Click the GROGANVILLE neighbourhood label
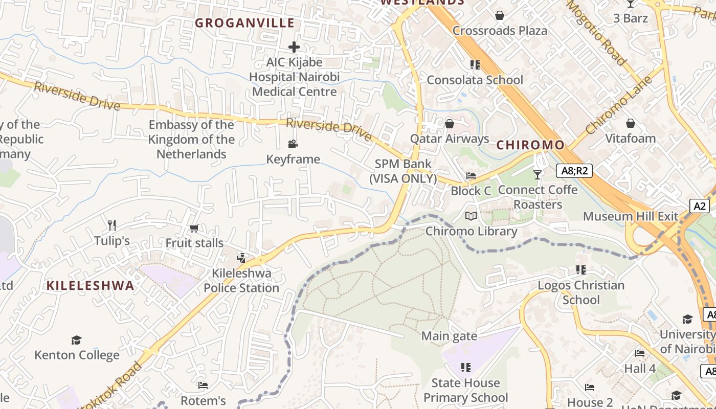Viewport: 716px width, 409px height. tap(245, 23)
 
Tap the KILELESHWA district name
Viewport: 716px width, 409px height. tap(91, 286)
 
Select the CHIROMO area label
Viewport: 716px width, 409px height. tap(531, 145)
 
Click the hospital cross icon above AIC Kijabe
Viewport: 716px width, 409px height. tap(294, 47)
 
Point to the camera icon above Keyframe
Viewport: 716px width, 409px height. tap(293, 144)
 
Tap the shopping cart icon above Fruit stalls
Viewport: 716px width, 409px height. tap(194, 228)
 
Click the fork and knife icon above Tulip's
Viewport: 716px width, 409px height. tap(112, 225)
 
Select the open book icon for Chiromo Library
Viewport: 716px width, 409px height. tap(471, 216)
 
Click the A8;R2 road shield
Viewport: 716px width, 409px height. tap(574, 171)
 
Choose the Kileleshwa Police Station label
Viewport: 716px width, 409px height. tap(241, 281)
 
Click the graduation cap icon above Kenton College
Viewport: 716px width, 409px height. tap(76, 340)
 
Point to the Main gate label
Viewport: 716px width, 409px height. tap(449, 336)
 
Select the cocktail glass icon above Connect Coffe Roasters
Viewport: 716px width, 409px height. tap(537, 175)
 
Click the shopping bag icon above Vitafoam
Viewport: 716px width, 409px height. tap(630, 124)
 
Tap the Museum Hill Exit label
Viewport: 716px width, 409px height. tap(631, 216)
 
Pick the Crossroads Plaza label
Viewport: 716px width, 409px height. tap(500, 31)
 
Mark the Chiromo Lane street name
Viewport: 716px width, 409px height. tap(619, 105)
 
